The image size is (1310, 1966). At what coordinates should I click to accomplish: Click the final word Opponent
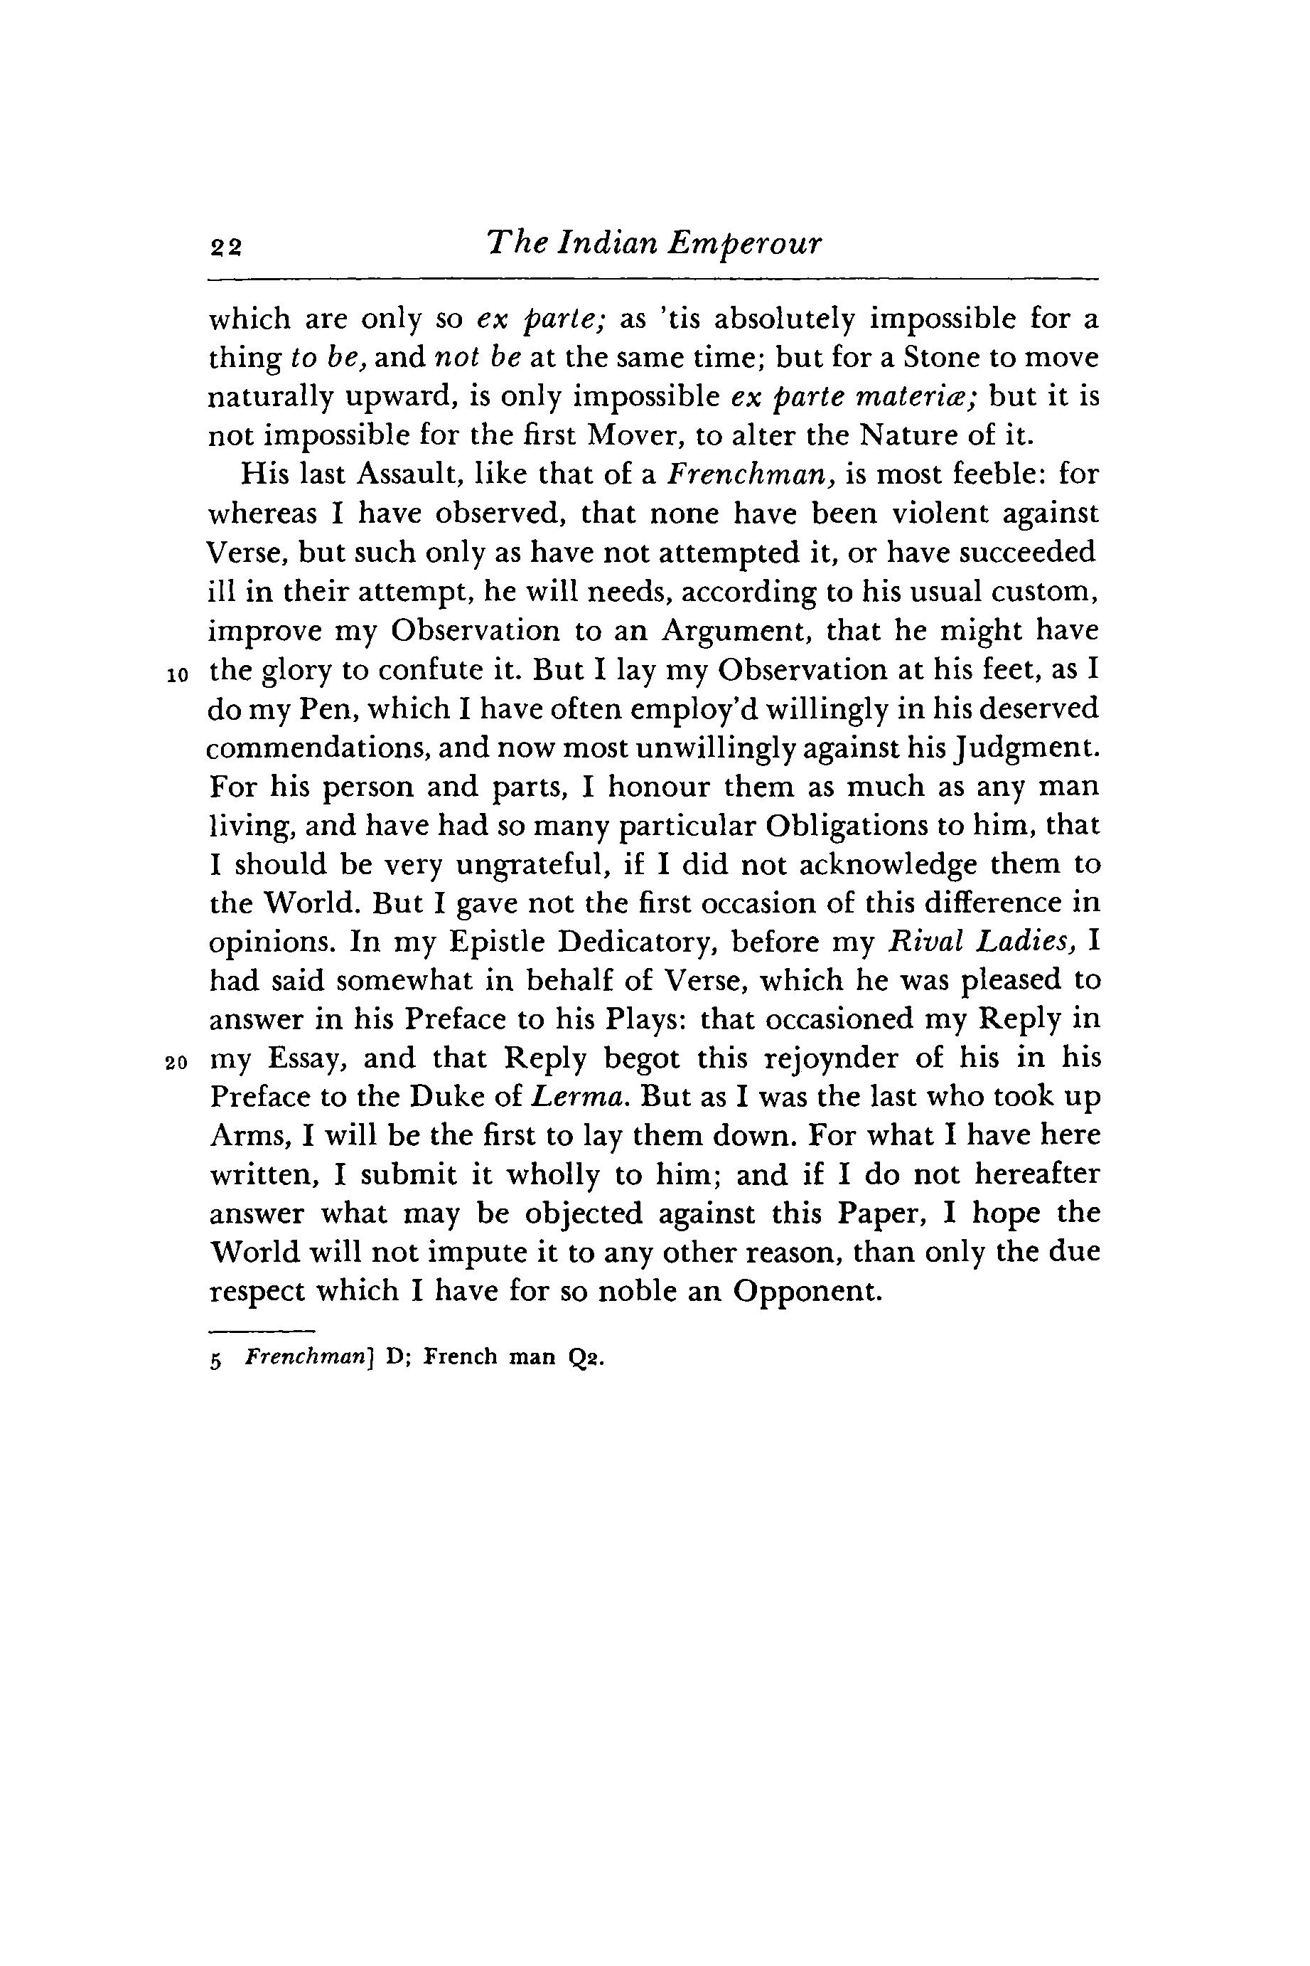806,1292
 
